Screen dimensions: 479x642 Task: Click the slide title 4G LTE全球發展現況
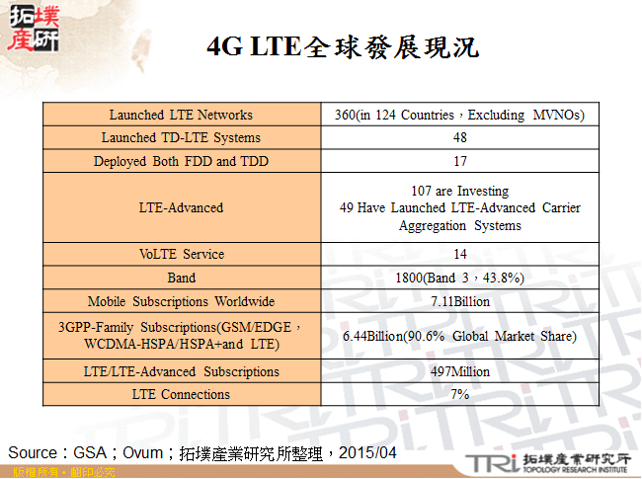342,46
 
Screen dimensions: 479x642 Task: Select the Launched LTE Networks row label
181,115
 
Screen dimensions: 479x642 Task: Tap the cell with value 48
460,137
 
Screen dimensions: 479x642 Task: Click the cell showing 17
460,161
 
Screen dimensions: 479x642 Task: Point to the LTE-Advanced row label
181,207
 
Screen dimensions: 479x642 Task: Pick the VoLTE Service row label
181,254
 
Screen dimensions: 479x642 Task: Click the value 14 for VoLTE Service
460,254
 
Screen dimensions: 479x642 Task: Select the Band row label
181,278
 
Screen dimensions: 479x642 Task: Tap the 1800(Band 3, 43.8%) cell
460,278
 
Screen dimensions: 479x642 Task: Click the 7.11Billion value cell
460,301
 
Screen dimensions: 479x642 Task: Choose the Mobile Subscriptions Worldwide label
181,301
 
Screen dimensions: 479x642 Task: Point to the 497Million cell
460,371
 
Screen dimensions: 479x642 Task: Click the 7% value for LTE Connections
460,394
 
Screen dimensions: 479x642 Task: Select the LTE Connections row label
181,394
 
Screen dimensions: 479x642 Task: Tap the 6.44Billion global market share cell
460,337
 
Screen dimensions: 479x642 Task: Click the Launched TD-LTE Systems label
181,137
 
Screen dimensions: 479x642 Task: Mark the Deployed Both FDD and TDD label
181,161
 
